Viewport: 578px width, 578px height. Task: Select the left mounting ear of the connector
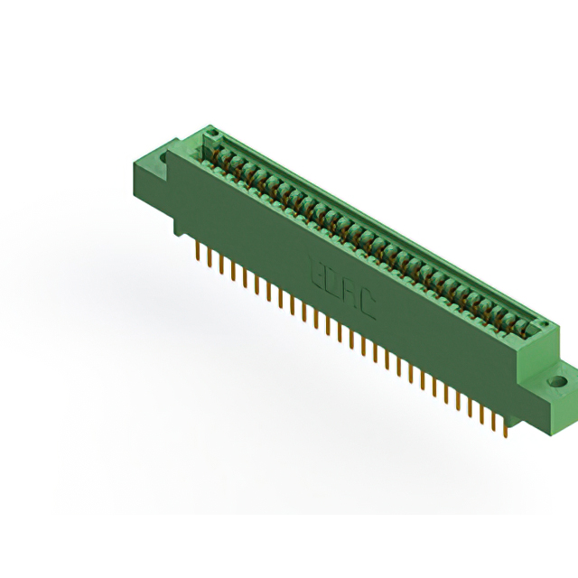click(151, 172)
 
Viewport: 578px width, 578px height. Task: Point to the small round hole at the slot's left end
click(213, 135)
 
